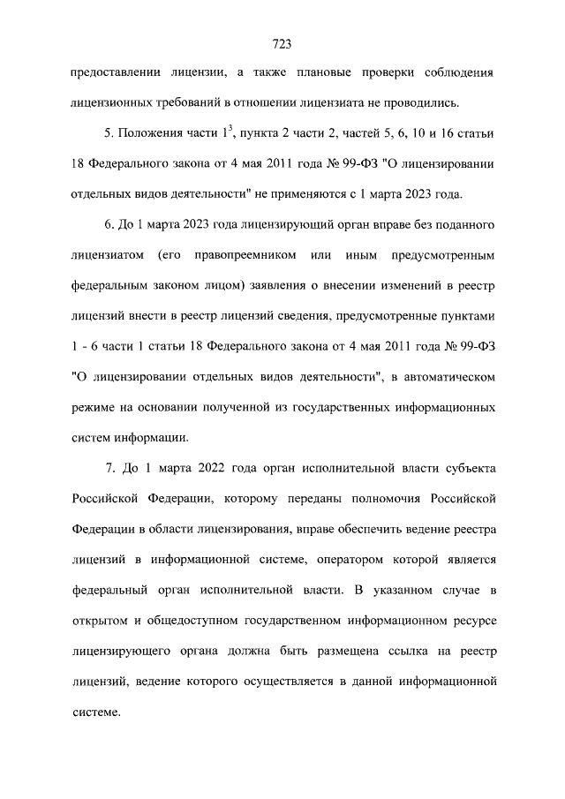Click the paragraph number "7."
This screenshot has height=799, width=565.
[109, 465]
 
